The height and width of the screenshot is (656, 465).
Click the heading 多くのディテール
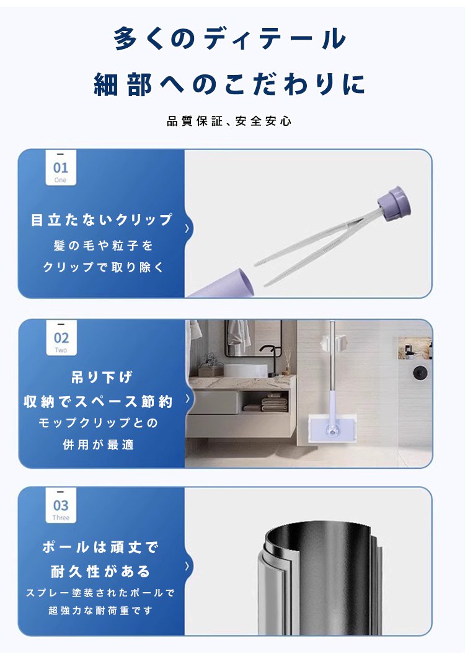point(229,38)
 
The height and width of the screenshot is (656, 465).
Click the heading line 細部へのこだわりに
point(229,84)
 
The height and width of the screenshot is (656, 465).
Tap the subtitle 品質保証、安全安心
point(229,122)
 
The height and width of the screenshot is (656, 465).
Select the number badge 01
point(61,168)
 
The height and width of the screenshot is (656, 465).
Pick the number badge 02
point(61,338)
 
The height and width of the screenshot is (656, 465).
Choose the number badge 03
point(61,505)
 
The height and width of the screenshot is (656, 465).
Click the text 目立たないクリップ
point(102,219)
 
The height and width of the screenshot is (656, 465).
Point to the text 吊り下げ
point(102,377)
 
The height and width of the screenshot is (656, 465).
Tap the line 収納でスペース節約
point(98,402)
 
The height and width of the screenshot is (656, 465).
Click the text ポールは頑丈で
point(100,547)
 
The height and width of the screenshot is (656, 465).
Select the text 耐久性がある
point(100,571)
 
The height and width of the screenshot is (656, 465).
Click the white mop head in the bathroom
point(332,428)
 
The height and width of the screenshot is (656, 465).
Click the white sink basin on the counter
point(245,371)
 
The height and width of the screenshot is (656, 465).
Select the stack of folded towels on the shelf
point(274,404)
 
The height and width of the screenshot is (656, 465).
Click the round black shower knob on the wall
point(420,373)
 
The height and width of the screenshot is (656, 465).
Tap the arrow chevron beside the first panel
point(187,228)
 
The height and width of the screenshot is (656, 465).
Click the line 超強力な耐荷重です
point(100,611)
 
